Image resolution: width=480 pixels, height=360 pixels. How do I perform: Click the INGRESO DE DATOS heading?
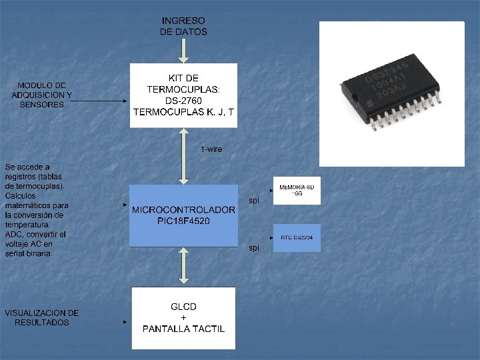184,27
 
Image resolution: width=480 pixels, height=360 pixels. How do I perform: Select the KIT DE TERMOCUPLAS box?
184,95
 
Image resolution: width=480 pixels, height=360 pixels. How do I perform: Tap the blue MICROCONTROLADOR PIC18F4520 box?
184,215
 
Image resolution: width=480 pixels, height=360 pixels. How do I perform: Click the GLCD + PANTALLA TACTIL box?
184,318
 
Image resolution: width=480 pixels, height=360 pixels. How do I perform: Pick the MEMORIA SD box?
297,191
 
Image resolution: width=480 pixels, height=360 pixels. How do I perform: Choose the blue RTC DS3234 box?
297,238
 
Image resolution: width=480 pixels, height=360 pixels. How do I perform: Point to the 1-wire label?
211,149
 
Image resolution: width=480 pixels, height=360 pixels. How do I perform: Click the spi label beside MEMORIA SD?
254,200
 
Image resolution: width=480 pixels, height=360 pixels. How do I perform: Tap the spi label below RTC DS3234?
254,248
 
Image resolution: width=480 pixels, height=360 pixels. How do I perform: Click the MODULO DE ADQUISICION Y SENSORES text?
41,95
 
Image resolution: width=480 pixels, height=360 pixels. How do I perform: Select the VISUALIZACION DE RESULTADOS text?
41,317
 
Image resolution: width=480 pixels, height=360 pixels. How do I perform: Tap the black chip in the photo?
392,93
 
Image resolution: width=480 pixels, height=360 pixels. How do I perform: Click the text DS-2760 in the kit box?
184,101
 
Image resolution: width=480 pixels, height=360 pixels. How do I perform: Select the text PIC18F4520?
184,221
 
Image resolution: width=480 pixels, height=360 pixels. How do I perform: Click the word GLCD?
184,307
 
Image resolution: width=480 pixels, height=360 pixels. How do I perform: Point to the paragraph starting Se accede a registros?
37,210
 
